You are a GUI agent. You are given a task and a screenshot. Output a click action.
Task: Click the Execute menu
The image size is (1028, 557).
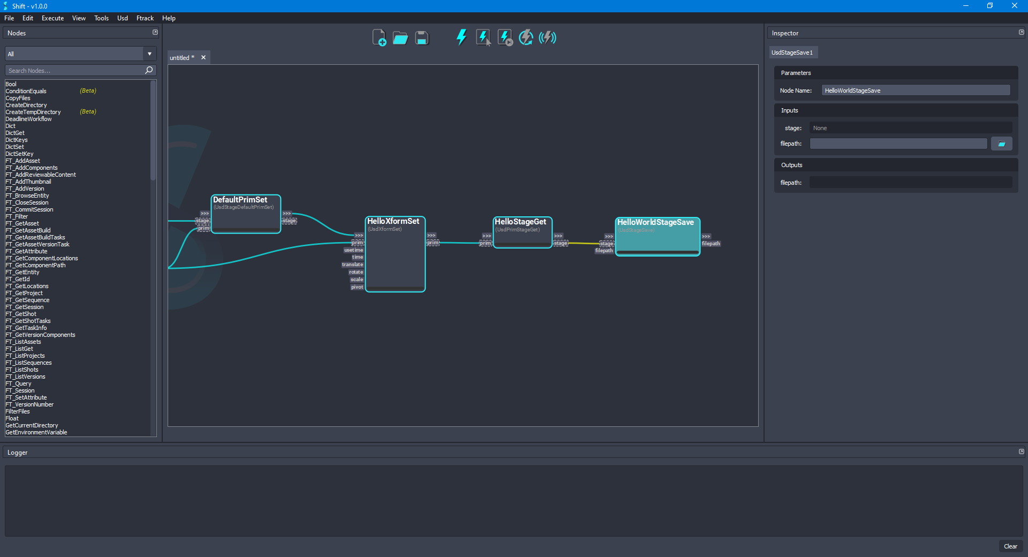click(x=52, y=18)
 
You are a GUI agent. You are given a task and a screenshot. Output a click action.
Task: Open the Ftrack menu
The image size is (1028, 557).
click(x=145, y=18)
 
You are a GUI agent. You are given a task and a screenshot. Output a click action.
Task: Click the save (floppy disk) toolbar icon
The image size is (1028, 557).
click(x=422, y=38)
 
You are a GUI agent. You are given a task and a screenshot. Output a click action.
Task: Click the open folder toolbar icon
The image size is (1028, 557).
click(x=400, y=38)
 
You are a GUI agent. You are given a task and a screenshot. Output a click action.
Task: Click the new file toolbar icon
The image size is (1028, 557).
click(x=379, y=38)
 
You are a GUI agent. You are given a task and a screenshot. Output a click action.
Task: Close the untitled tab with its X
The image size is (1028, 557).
click(x=203, y=57)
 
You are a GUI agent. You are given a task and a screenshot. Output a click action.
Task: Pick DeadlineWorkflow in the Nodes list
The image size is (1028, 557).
click(x=28, y=119)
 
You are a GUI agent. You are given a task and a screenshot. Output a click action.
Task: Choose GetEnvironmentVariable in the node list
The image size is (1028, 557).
click(x=36, y=432)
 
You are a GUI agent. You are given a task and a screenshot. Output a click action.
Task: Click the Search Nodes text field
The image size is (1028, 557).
click(x=75, y=71)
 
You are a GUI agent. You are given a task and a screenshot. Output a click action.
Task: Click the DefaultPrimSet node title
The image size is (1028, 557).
click(x=240, y=200)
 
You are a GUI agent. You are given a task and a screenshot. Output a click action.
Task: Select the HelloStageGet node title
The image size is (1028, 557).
click(x=520, y=222)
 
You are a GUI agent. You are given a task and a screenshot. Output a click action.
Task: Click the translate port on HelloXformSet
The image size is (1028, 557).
click(x=353, y=265)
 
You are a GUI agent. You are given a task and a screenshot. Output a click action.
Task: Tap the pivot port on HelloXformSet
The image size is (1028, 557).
click(x=357, y=287)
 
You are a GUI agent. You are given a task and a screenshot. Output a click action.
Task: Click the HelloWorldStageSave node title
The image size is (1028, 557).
click(x=655, y=222)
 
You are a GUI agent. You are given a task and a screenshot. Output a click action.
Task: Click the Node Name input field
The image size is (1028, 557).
click(x=916, y=91)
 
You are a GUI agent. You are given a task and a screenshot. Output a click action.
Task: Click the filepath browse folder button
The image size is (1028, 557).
click(x=1001, y=144)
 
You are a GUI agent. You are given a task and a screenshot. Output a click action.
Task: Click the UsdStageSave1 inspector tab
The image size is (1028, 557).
click(x=792, y=52)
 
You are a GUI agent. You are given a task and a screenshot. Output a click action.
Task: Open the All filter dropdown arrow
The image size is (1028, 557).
click(x=149, y=54)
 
